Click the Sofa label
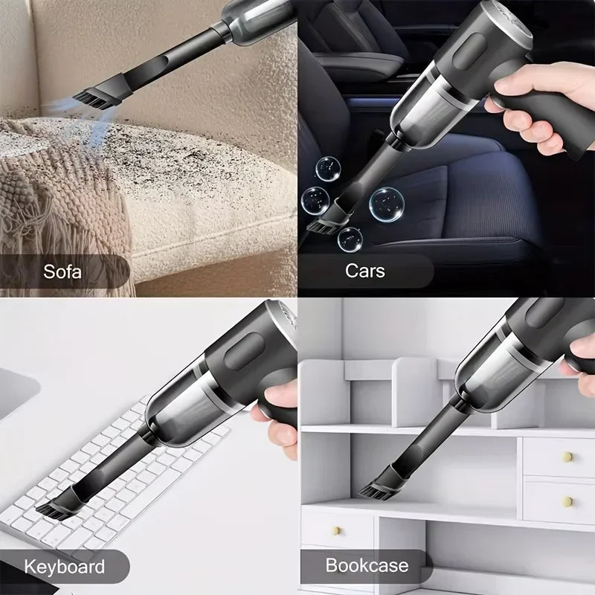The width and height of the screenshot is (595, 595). click(x=62, y=271)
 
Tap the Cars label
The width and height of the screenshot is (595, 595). click(x=365, y=271)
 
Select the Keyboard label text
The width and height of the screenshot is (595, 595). click(x=64, y=566)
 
